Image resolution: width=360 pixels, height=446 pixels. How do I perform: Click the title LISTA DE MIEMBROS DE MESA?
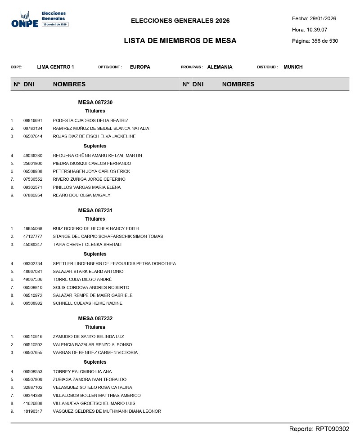tap(180, 41)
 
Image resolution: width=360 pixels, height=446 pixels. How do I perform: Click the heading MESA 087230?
tap(95, 103)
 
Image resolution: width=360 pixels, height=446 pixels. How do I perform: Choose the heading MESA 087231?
tap(95, 210)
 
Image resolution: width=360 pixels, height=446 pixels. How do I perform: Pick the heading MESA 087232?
tap(95, 318)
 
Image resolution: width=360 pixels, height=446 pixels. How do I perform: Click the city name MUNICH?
tap(293, 67)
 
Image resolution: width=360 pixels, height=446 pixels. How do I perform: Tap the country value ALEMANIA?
tap(220, 67)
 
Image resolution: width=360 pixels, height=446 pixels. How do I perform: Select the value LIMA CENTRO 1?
tap(55, 67)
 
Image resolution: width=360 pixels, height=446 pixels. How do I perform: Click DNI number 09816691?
tap(33, 120)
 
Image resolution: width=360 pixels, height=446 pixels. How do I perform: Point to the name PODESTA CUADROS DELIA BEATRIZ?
tap(90, 120)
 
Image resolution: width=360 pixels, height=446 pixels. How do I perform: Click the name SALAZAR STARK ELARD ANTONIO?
tap(88, 272)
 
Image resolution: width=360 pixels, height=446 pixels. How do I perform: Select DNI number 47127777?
tap(33, 236)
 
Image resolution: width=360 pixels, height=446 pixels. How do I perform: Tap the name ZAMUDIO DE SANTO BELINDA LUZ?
tap(88, 337)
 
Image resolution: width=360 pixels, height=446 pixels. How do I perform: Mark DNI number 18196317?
tap(33, 411)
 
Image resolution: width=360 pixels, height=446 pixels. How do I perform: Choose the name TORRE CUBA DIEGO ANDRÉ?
tap(82, 280)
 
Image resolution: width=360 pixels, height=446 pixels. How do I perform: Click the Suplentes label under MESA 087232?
tap(95, 362)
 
